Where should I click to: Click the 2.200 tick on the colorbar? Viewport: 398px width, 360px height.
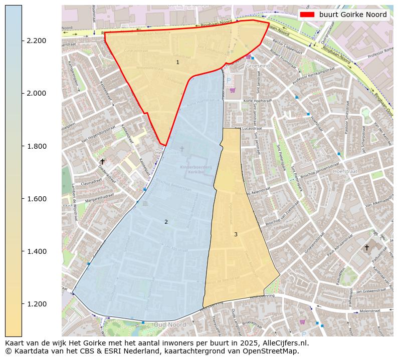tap(37, 41)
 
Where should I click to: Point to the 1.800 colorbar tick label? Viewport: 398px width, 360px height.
tap(37, 146)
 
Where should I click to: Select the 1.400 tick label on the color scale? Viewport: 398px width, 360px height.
tap(37, 251)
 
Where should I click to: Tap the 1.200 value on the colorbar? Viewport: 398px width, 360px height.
tap(37, 304)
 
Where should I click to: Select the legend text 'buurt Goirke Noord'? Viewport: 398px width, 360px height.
tap(353, 15)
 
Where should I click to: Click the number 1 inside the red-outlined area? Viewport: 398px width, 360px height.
tap(177, 63)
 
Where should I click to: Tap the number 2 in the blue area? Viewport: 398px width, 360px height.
tap(166, 222)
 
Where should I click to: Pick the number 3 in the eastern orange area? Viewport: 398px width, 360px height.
tap(236, 234)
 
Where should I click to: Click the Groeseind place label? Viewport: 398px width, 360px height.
tap(258, 65)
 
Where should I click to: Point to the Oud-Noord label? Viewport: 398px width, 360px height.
tap(169, 324)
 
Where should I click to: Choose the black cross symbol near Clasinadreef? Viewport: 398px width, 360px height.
tap(102, 161)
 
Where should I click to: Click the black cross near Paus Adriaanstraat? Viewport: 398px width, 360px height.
tap(366, 247)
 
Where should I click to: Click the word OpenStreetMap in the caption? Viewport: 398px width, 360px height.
tap(272, 351)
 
